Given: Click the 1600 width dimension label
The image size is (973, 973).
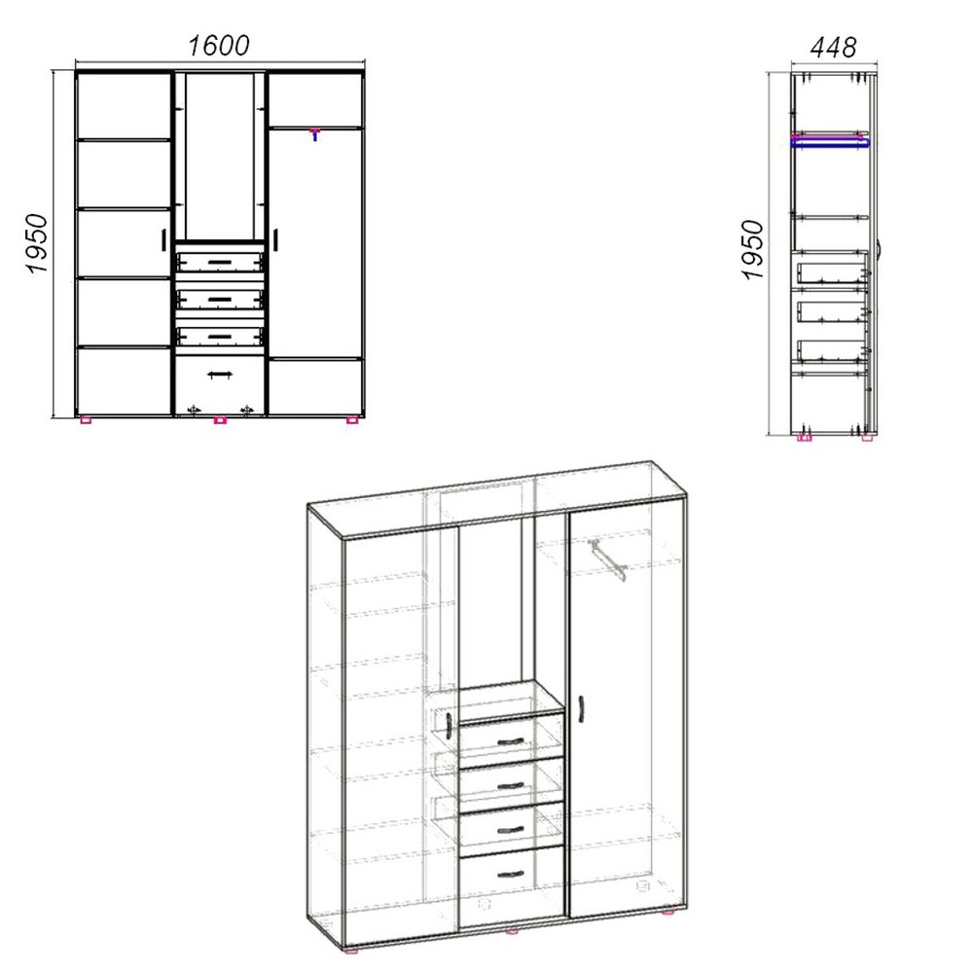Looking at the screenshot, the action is (218, 46).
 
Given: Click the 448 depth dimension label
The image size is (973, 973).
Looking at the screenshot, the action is (834, 47).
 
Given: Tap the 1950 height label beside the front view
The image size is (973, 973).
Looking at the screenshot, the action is (37, 244).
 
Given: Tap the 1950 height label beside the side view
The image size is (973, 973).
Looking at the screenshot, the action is (753, 250).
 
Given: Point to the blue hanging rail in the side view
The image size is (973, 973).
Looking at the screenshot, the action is (830, 143).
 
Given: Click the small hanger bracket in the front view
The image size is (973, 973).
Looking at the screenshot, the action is (315, 134).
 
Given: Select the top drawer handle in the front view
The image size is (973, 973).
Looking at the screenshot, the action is (219, 263).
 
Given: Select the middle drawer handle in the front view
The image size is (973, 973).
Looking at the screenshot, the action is (219, 299).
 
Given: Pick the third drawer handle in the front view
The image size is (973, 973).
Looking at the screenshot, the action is (219, 337).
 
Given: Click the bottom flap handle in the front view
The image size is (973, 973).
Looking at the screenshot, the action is (219, 375).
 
